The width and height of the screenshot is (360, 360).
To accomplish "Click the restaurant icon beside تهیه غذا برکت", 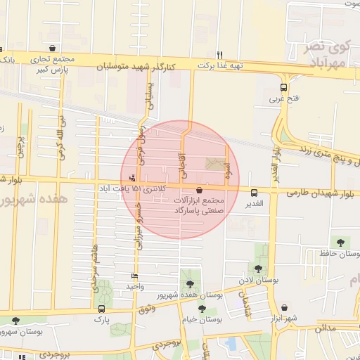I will click(220, 54).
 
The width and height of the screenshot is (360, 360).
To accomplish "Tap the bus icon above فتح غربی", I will click(283, 88).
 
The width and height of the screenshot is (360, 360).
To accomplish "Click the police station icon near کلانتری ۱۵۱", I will click(132, 177).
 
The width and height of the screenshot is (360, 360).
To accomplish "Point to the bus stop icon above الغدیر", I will click(254, 192).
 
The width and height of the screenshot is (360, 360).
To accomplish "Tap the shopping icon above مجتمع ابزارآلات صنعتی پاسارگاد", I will click(200, 190).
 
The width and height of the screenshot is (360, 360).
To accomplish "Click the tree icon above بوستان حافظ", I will click(341, 243).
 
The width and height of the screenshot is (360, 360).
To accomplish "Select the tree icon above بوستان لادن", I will click(259, 269).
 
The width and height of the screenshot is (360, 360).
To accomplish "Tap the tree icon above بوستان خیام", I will click(202, 309).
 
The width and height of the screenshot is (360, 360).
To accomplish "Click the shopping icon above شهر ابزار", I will click(284, 308).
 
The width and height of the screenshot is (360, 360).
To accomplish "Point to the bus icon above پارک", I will click(103, 309).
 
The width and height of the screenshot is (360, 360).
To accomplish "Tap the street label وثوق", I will click(147, 309).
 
